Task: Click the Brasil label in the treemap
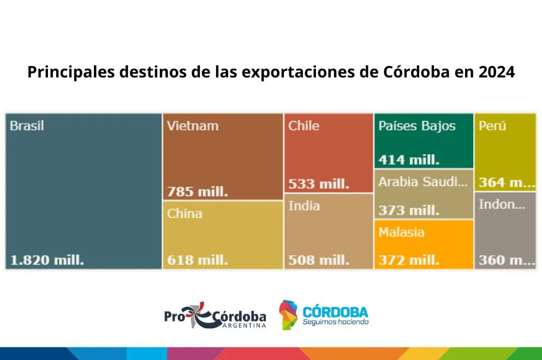(x=27, y=126)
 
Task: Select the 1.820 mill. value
(x=47, y=260)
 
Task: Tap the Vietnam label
(x=193, y=126)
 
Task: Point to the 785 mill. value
(x=198, y=192)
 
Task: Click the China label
(x=184, y=213)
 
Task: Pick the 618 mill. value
(x=198, y=260)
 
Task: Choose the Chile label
(x=304, y=126)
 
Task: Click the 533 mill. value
(x=319, y=184)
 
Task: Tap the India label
(x=304, y=206)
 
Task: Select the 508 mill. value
(x=319, y=260)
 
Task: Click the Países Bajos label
(x=417, y=126)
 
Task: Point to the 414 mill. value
(x=409, y=160)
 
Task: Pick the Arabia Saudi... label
(x=423, y=182)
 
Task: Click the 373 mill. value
(x=409, y=211)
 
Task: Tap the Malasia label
(x=401, y=232)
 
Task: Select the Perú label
(x=492, y=126)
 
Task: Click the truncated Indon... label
(x=502, y=205)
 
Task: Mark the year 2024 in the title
(x=497, y=72)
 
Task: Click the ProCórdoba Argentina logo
(x=215, y=315)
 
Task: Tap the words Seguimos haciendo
(x=336, y=322)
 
